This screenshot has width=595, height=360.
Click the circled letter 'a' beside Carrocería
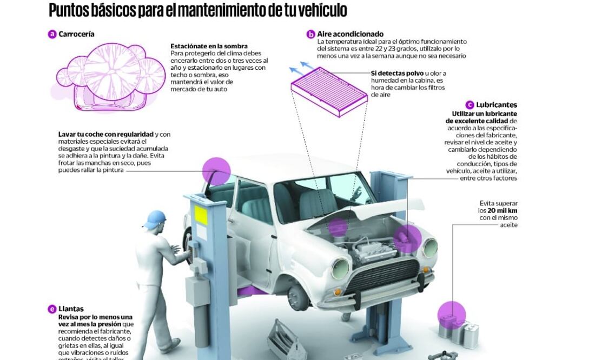[x=52, y=34]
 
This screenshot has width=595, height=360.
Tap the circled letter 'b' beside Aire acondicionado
[x=310, y=34]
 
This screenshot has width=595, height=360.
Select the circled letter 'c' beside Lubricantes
[x=470, y=105]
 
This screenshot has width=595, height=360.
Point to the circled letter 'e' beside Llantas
[x=52, y=309]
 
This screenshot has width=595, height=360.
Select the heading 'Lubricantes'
[x=497, y=105]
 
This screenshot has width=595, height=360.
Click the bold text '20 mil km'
[x=503, y=210]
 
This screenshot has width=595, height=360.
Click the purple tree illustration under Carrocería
[x=111, y=72]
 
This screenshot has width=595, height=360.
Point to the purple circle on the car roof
[x=216, y=171]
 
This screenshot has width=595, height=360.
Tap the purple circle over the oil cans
[x=451, y=315]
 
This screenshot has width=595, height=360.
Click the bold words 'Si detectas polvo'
[x=397, y=73]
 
